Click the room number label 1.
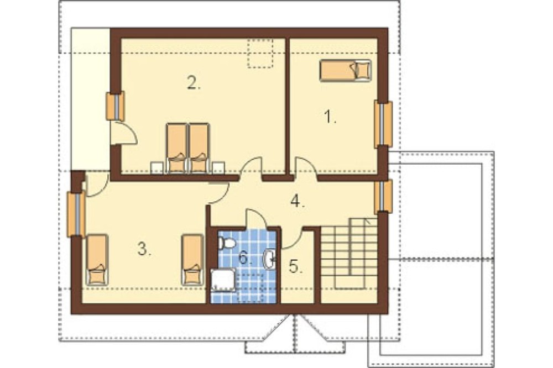330,117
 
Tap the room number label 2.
194,83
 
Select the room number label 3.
144,249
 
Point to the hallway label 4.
298,201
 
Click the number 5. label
296,266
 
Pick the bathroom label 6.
246,258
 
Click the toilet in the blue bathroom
226,243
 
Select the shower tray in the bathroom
223,280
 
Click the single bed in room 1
346,71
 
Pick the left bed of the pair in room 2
176,149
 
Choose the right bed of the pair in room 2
200,149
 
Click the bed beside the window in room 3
97,260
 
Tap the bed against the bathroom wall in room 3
192,260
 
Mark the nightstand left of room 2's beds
156,168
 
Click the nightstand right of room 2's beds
218,168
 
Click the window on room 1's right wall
383,124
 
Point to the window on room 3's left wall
76,214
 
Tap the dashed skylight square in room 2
260,53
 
